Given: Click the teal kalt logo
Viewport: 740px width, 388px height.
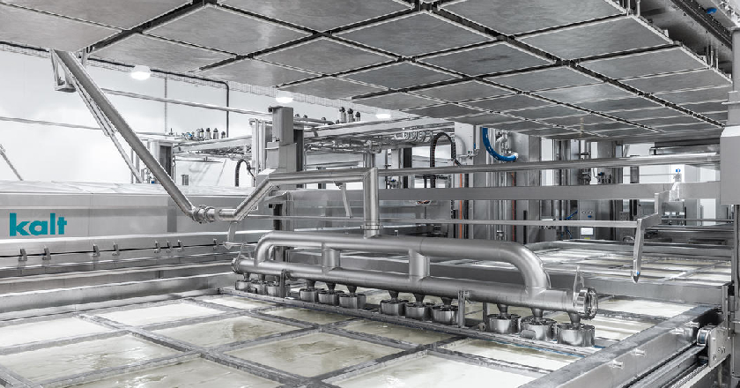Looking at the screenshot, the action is [38, 225].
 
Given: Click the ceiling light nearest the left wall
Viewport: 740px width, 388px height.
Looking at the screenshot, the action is [141, 72].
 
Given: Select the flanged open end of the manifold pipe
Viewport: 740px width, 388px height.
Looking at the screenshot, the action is [586, 302].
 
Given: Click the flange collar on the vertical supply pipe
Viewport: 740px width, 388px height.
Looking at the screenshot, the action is [372, 228].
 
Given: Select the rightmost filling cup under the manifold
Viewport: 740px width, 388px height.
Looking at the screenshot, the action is [574, 332].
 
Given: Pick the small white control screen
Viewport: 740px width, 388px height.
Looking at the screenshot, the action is [587, 231].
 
